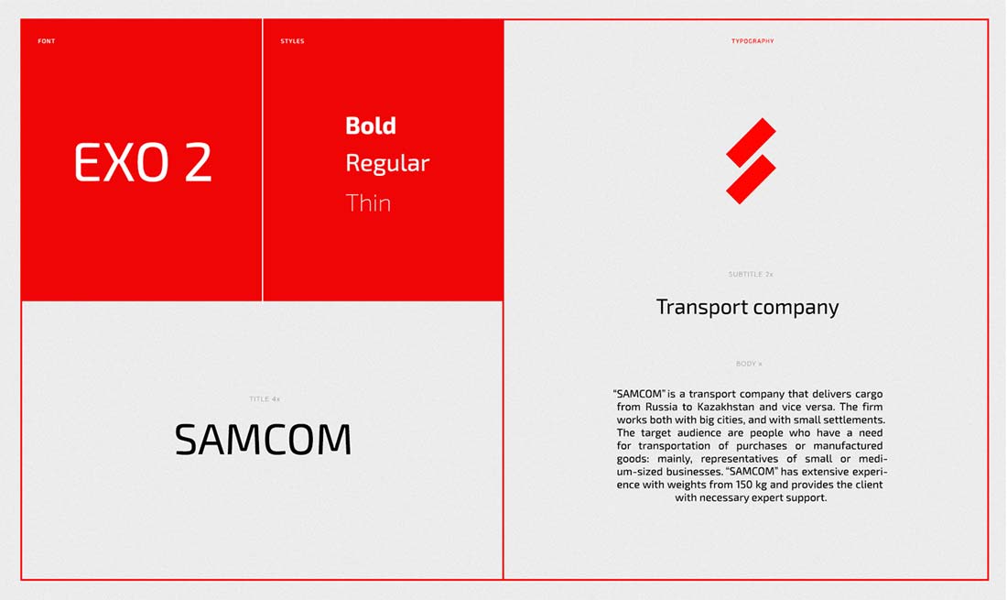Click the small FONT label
47,41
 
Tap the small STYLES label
292,41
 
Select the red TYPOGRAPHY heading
753,41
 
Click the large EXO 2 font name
143,162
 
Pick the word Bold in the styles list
371,125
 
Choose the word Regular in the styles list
387,163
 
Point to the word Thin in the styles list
368,203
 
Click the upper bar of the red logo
751,143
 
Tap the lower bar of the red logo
751,180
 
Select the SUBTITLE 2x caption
751,274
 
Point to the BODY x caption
750,364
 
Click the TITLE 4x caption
265,398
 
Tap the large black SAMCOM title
264,440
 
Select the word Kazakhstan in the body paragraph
726,407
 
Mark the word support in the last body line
807,497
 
